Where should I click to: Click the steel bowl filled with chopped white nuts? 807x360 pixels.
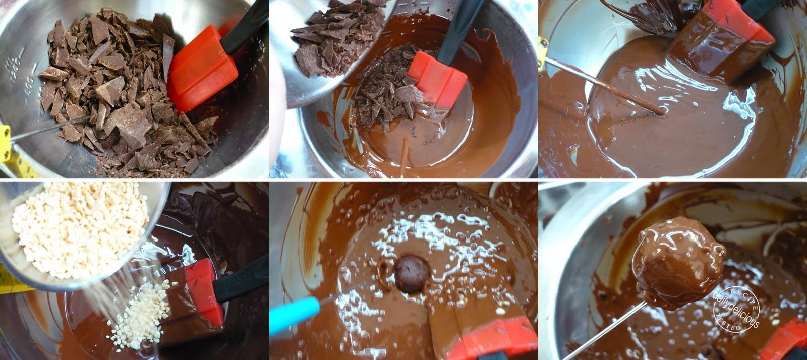(76, 232)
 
